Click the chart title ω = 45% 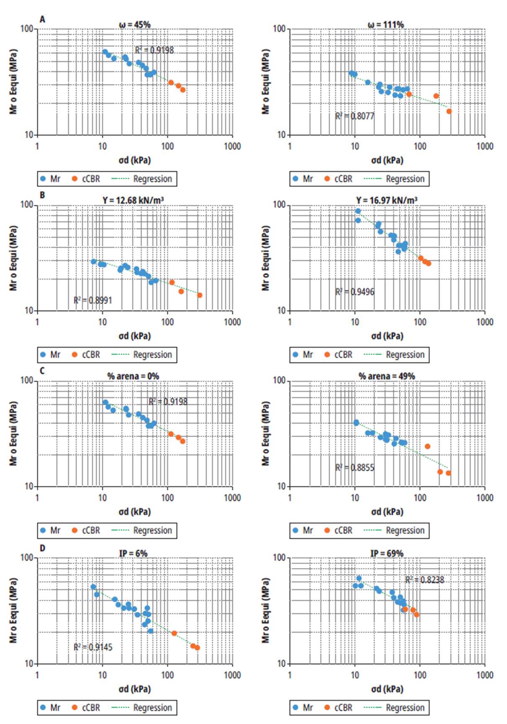135,25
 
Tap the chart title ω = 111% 385,25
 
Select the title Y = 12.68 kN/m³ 133,200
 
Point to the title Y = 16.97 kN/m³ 386,200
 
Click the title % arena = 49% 386,376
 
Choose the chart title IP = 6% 133,553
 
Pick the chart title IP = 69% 386,553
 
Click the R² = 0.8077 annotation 354,116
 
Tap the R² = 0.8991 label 93,300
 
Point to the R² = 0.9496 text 354,292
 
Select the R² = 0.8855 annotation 354,468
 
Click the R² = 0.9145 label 93,647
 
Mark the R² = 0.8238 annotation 424,580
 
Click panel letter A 42,19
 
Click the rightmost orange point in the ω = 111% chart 449,111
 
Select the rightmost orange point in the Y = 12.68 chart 199,295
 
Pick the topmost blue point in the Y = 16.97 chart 358,211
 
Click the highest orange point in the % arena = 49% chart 427,446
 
